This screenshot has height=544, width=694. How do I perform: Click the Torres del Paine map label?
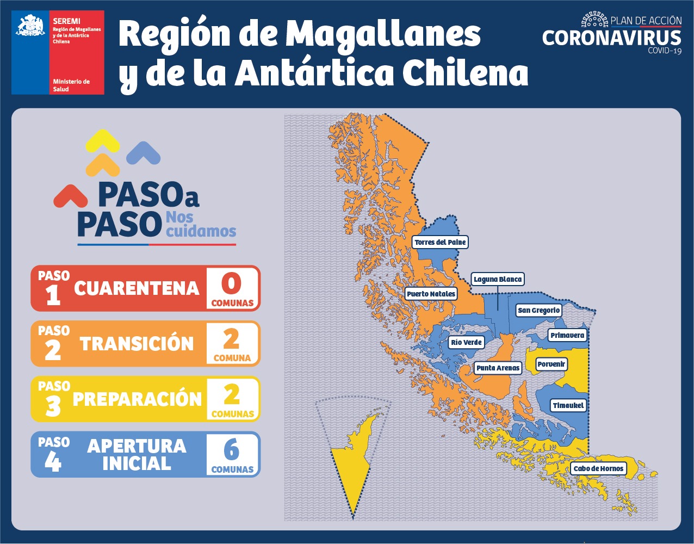(x=440, y=242)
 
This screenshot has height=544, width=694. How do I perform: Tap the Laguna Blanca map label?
(x=497, y=280)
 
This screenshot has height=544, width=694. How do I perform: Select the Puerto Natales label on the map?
(x=431, y=294)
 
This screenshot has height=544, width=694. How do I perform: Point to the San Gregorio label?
(x=538, y=310)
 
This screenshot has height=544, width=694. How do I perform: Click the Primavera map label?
(x=567, y=335)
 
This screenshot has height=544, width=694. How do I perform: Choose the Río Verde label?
(x=466, y=342)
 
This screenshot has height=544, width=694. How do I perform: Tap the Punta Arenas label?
(x=498, y=368)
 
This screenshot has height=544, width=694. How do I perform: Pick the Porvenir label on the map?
(x=552, y=364)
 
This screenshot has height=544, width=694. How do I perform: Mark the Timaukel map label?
(x=568, y=405)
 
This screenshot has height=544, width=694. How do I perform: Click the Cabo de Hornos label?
(x=598, y=468)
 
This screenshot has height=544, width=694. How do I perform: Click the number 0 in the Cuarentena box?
(x=232, y=283)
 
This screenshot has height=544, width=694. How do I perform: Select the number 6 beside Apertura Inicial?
(x=232, y=449)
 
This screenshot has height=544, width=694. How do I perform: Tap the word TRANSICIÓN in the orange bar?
(x=137, y=344)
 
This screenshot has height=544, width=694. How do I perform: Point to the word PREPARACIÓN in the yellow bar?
(x=137, y=399)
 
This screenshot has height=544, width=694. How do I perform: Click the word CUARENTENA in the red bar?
(x=137, y=288)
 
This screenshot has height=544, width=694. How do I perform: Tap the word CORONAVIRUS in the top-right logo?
(x=611, y=38)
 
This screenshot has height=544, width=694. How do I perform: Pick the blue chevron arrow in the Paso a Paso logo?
(x=143, y=153)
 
